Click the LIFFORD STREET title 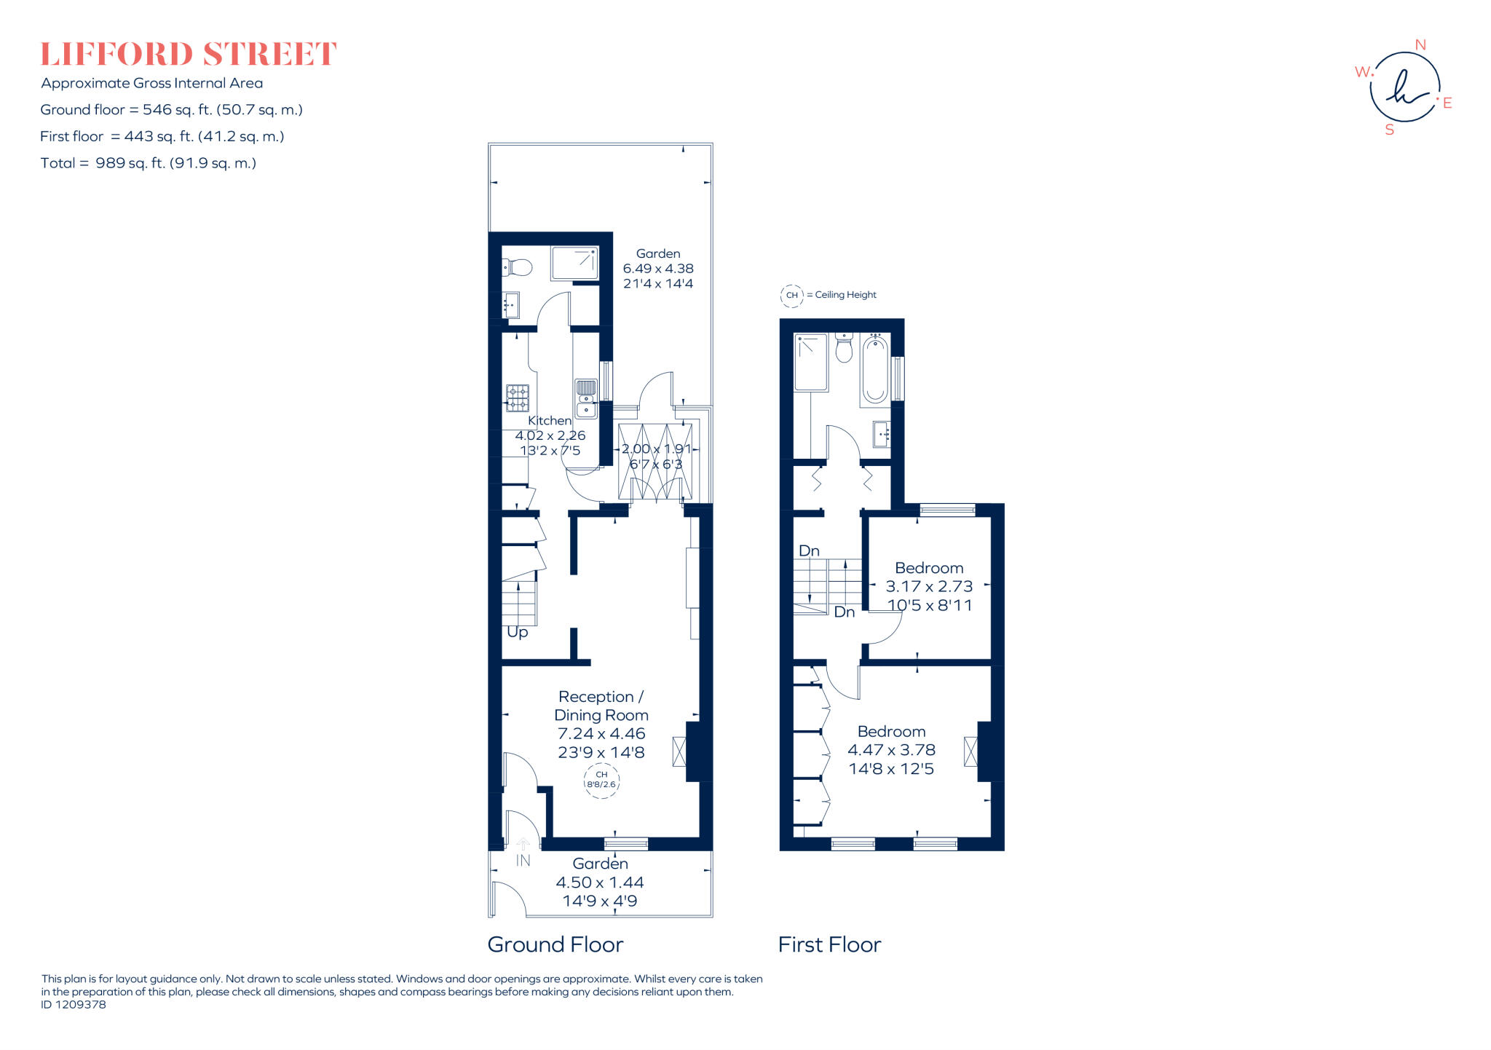pos(189,55)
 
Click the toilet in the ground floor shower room pos(518,267)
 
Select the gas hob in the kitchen pos(518,398)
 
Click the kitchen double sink pos(586,398)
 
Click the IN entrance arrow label pos(523,860)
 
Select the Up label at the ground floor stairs pos(517,632)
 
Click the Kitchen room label pos(550,420)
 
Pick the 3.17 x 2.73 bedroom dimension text pos(929,586)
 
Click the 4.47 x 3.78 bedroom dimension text pos(891,749)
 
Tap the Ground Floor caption pos(555,944)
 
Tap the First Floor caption pos(829,944)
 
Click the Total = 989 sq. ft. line pos(149,163)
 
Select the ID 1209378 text pos(74,1004)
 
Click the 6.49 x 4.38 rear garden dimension pos(658,269)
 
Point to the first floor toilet pos(844,348)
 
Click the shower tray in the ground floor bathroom pos(575,264)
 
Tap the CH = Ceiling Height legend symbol pos(791,295)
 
